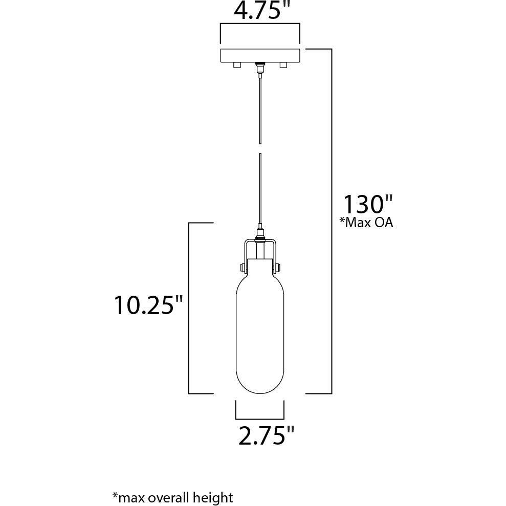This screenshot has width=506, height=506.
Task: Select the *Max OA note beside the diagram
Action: pos(367,223)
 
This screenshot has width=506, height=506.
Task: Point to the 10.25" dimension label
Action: pos(148,305)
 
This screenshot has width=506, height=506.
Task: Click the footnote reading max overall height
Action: pos(172,497)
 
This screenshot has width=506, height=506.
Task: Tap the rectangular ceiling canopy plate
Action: pos(260,55)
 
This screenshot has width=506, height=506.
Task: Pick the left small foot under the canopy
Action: pos(237,65)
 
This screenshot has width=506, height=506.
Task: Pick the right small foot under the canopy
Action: pos(282,65)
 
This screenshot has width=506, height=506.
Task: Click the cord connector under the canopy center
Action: pos(260,68)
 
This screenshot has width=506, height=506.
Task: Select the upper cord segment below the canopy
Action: pos(260,107)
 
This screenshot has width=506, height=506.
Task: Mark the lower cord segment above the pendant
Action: pos(260,189)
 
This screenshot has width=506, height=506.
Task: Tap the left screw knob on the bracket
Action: pos(240,267)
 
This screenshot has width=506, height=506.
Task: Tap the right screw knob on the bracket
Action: pos(279,267)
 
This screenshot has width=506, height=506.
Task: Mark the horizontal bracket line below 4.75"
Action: pos(260,24)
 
